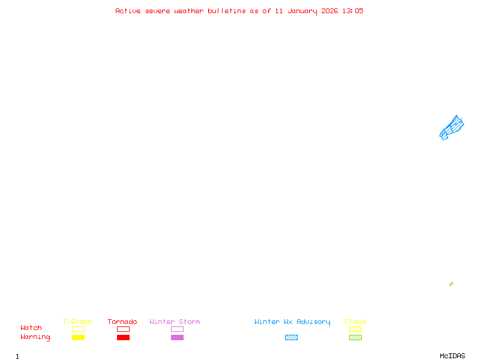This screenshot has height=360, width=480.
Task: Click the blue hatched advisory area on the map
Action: pos(452,127)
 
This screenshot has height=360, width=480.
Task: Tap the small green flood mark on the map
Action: pos(451,284)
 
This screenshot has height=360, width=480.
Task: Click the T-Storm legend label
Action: pos(77,322)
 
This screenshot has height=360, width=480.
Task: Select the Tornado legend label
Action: pos(122,322)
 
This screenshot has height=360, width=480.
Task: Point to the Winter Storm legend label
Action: pos(175,322)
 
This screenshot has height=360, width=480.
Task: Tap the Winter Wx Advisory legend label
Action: pos(292,322)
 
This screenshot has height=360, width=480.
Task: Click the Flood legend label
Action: pos(355,322)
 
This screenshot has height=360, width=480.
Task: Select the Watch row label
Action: pos(31,328)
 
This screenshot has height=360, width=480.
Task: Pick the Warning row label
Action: pos(35,337)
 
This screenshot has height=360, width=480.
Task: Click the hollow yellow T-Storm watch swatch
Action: pos(78,329)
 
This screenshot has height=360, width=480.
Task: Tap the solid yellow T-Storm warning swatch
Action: pos(78,337)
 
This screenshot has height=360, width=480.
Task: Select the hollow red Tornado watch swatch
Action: pos(123,329)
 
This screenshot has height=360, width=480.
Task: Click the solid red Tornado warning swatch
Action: pos(123,337)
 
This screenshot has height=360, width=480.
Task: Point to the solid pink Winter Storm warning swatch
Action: pos(177,337)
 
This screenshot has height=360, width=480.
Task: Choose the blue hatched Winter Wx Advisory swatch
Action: pos(291,337)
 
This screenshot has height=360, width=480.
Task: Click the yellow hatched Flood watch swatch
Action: pos(355,329)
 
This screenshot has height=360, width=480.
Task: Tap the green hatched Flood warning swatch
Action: pos(355,337)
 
